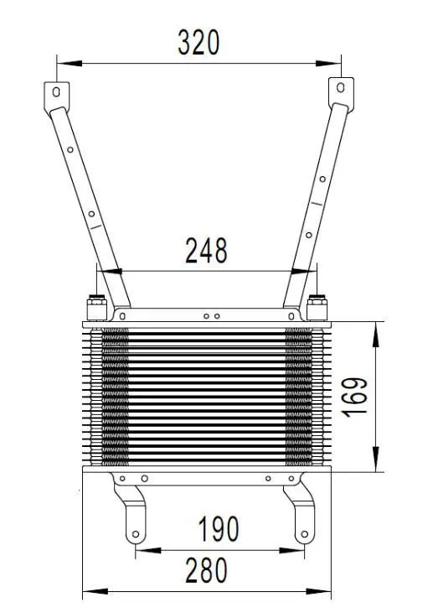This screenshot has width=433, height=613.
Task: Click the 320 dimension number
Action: point(198,41)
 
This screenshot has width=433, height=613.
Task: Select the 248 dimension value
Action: point(206,251)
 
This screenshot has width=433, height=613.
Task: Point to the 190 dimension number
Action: point(218,529)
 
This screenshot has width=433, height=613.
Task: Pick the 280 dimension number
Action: point(205,571)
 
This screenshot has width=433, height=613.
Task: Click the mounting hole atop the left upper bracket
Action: point(56,91)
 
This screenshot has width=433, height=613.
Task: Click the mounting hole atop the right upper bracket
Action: point(340,86)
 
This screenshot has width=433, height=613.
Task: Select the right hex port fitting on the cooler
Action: point(317,307)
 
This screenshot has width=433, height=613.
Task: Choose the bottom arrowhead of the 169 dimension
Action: point(377,464)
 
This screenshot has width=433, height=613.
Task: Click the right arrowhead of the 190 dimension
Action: point(297,551)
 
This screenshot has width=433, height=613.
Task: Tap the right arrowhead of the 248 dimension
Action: point(300,271)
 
